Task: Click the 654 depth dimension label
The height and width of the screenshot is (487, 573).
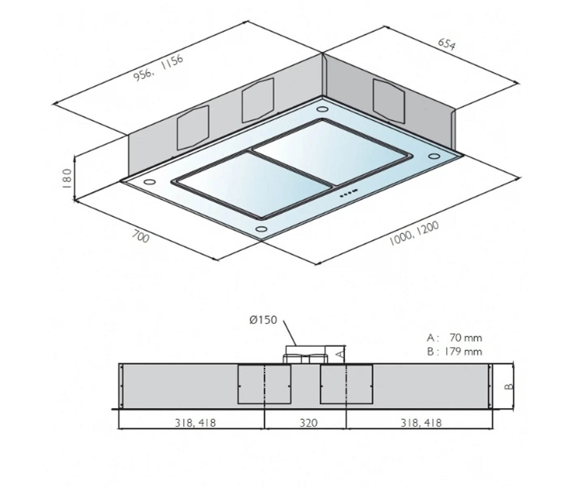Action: pyautogui.click(x=447, y=44)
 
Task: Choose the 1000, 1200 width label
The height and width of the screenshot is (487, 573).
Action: pyautogui.click(x=414, y=234)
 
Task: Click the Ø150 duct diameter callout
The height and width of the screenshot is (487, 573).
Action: pyautogui.click(x=263, y=320)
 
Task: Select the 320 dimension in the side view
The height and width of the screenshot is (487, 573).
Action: pyautogui.click(x=308, y=423)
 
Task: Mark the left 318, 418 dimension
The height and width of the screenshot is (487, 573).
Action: pyautogui.click(x=195, y=423)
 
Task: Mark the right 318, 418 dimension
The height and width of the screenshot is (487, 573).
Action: pyautogui.click(x=421, y=423)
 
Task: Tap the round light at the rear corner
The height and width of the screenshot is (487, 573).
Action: pyautogui.click(x=322, y=110)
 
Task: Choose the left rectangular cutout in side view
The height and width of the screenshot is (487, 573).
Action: pyautogui.click(x=264, y=384)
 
